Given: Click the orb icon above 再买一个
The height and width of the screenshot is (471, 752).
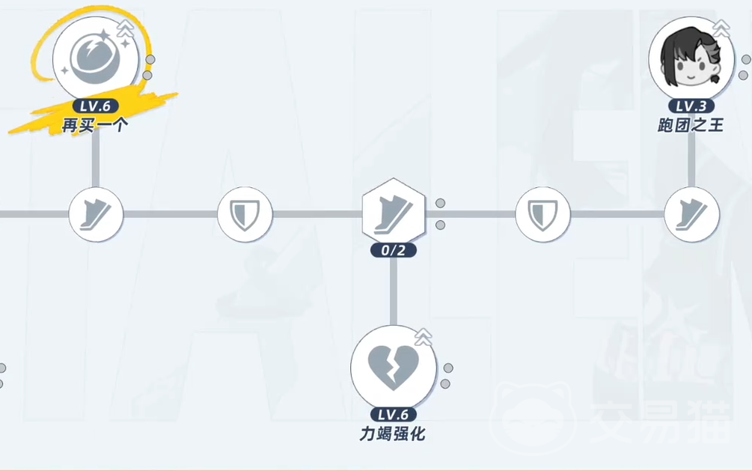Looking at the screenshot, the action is pyautogui.click(x=96, y=58).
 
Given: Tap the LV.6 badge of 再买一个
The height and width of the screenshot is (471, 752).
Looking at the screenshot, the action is pyautogui.click(x=96, y=106).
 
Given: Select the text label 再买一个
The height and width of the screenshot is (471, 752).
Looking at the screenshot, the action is pyautogui.click(x=96, y=126).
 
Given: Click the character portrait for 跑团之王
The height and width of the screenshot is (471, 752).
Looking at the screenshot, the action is pyautogui.click(x=691, y=58).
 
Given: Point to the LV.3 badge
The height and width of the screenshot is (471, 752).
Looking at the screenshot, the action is pyautogui.click(x=691, y=106).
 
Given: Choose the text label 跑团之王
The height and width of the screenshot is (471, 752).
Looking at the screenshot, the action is pyautogui.click(x=691, y=126).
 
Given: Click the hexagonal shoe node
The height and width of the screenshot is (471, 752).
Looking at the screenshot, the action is pyautogui.click(x=394, y=212).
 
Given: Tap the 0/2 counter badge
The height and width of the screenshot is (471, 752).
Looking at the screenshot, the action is pyautogui.click(x=394, y=250).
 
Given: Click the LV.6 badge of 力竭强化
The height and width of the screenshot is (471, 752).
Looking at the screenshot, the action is pyautogui.click(x=394, y=415).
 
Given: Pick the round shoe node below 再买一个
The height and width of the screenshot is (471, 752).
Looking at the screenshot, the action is pyautogui.click(x=96, y=214).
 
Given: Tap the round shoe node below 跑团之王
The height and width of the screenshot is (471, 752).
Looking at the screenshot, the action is pyautogui.click(x=691, y=214).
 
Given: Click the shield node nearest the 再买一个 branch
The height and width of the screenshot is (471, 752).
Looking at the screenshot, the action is pyautogui.click(x=245, y=214).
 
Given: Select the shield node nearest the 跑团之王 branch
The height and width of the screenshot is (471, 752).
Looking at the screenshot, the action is pyautogui.click(x=543, y=214).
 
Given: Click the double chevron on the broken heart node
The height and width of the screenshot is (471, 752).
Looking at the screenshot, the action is pyautogui.click(x=423, y=338).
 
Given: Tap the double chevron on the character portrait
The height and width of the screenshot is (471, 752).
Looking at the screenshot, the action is pyautogui.click(x=721, y=28).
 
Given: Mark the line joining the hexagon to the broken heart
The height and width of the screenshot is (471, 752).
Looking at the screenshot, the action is pyautogui.click(x=394, y=291).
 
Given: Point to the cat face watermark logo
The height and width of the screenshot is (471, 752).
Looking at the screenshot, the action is pyautogui.click(x=531, y=417).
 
